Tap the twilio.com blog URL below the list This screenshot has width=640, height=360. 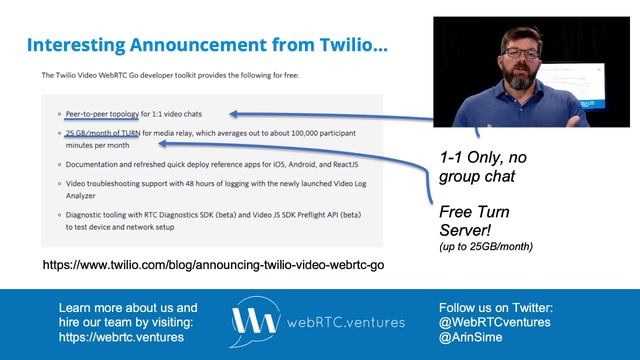click(212, 265)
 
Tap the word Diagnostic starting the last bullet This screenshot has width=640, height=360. click(90, 214)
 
